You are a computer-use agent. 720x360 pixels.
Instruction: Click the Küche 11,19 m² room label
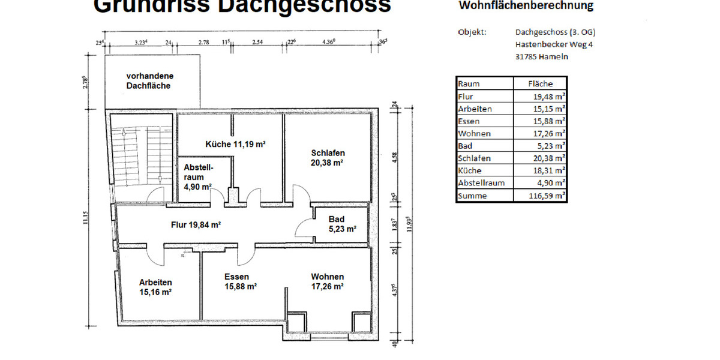tap(235, 144)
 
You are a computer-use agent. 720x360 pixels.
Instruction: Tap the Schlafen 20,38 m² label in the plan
tap(328, 157)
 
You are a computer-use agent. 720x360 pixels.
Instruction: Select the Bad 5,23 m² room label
tap(342, 224)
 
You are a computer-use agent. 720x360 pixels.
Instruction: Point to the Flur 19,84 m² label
tap(196, 225)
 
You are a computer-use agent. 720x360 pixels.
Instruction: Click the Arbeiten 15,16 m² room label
tap(155, 287)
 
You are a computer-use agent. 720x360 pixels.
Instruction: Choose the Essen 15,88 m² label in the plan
tap(240, 281)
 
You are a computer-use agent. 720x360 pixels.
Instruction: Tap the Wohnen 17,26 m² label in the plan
tap(327, 281)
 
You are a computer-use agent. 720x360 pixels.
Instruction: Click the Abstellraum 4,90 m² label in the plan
tap(198, 176)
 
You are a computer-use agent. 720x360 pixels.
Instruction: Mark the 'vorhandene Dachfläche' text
tap(149, 81)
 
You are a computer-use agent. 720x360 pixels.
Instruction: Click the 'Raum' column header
tap(469, 83)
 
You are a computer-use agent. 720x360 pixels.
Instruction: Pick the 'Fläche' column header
tap(540, 83)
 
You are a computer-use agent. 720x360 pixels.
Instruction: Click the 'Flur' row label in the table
tap(465, 96)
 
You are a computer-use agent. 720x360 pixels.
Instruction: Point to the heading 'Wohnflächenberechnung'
tap(526, 6)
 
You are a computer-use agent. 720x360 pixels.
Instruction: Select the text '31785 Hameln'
tap(542, 57)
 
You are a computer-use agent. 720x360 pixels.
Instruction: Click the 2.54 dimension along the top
tap(258, 42)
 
